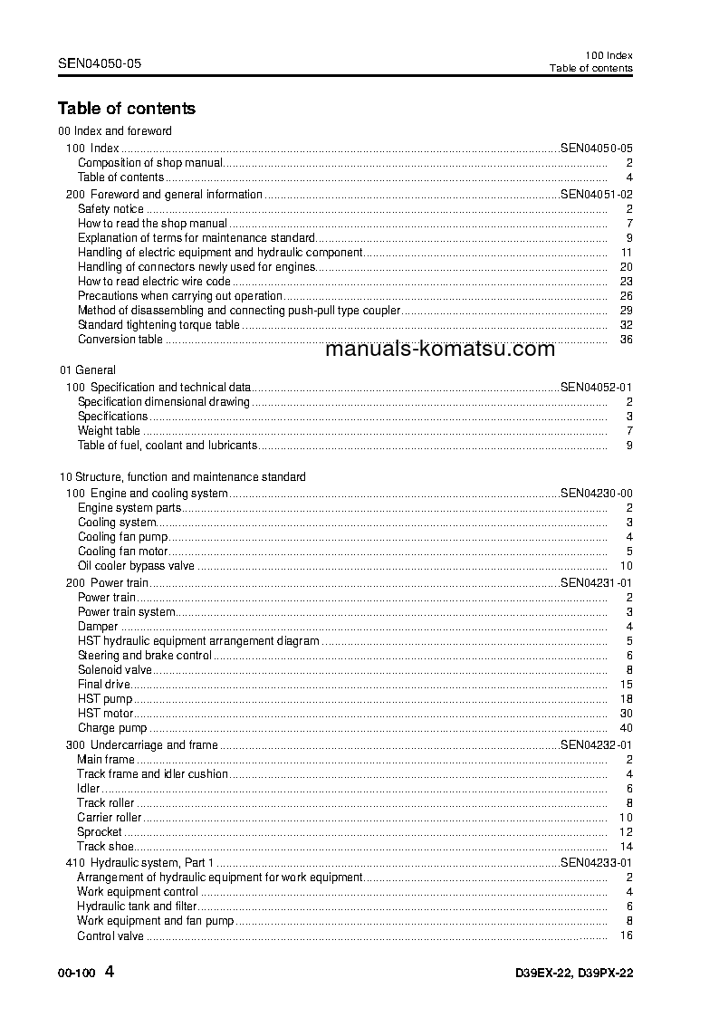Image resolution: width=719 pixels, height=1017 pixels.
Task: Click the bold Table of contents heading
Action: click(127, 109)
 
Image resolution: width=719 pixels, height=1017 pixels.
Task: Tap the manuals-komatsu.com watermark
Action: click(438, 350)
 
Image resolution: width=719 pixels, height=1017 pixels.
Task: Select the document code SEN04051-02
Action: click(597, 195)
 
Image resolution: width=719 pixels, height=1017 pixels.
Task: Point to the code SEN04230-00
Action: click(597, 494)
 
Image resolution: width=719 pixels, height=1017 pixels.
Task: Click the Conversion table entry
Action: click(120, 340)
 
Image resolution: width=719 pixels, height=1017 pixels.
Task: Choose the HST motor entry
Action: click(106, 714)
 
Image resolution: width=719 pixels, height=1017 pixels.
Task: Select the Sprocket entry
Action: click(100, 831)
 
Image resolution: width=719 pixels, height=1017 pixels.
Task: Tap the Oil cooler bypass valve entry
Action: click(136, 566)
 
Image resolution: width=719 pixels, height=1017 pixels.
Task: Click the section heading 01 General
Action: click(88, 370)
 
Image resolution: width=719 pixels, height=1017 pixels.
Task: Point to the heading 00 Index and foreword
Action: click(115, 131)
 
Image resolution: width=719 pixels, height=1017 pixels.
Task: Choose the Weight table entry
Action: click(109, 431)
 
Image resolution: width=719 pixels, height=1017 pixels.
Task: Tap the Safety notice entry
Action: click(111, 209)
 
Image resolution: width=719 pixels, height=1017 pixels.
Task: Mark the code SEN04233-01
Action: click(597, 863)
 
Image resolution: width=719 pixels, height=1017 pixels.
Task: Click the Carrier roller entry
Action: click(110, 818)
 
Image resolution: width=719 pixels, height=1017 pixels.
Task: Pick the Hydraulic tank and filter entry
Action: click(137, 906)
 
